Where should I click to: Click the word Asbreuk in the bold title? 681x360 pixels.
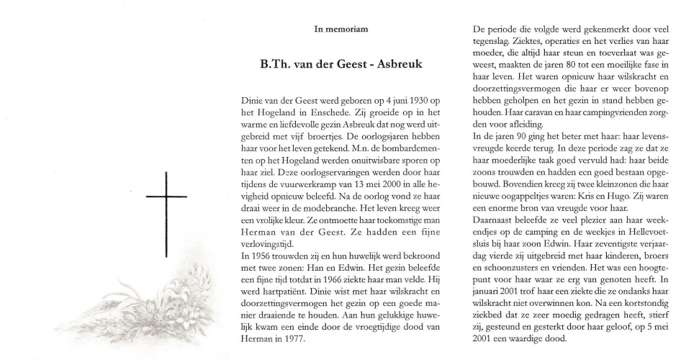(396, 64)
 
